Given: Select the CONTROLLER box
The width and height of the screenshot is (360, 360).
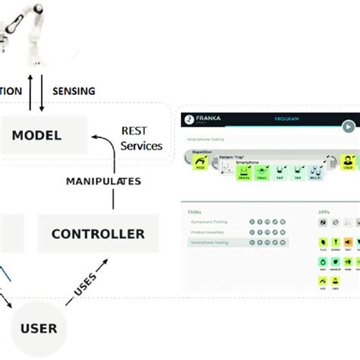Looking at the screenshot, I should coord(97,234).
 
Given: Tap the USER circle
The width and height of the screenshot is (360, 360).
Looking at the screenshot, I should coord(39,328).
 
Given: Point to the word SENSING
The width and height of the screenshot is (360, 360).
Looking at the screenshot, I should coord(74,91).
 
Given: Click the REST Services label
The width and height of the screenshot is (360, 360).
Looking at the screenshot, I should coord(141,137).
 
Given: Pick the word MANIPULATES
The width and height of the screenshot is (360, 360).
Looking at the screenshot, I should coord(103,182).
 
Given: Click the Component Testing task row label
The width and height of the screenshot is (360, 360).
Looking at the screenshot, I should coord(208,223).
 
